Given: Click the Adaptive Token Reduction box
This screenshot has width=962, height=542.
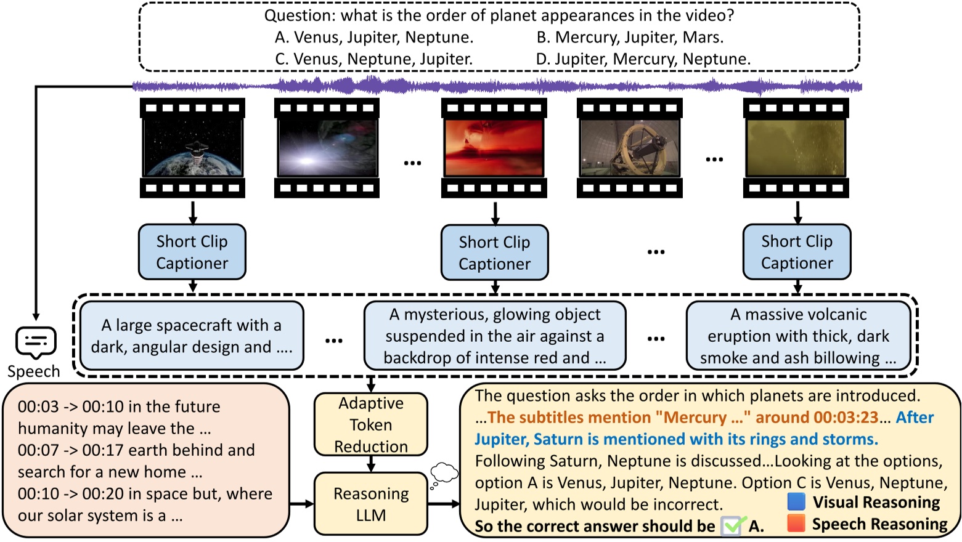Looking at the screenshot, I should pos(370,424).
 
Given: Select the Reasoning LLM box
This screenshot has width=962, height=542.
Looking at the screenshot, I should pos(370,504).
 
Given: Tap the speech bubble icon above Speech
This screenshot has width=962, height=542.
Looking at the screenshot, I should pos(36,342).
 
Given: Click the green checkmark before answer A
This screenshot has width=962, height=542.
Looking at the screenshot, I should pos(733,525).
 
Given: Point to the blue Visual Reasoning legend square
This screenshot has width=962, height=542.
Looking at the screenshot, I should pos(796,501).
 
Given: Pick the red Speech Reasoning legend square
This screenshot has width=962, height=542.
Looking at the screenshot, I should pos(796,524).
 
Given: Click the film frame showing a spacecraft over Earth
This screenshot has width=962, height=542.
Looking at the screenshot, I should pos(192,148).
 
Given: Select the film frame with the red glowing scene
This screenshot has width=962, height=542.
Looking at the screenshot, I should pos(494,148).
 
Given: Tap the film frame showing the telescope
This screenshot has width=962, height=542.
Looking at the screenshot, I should pos(629,148).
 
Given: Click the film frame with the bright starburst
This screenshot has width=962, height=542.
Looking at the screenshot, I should pos(327,148).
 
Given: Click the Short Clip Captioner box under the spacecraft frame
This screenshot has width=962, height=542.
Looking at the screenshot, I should pos(192,252).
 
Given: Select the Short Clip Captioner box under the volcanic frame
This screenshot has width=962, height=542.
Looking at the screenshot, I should pos(796,252).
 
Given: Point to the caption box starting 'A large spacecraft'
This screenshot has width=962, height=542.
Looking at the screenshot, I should pos(192,336).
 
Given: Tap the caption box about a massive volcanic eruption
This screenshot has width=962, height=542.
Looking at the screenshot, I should pos(798,336).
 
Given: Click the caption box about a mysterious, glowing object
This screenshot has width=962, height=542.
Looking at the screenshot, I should pos(494,336).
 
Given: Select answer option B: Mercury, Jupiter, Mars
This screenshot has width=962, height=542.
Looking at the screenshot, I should pos(629,38).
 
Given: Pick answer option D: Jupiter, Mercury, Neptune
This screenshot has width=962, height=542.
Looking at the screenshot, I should pos(643,59).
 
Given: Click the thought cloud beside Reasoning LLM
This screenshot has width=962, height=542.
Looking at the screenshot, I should pos(444,474).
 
